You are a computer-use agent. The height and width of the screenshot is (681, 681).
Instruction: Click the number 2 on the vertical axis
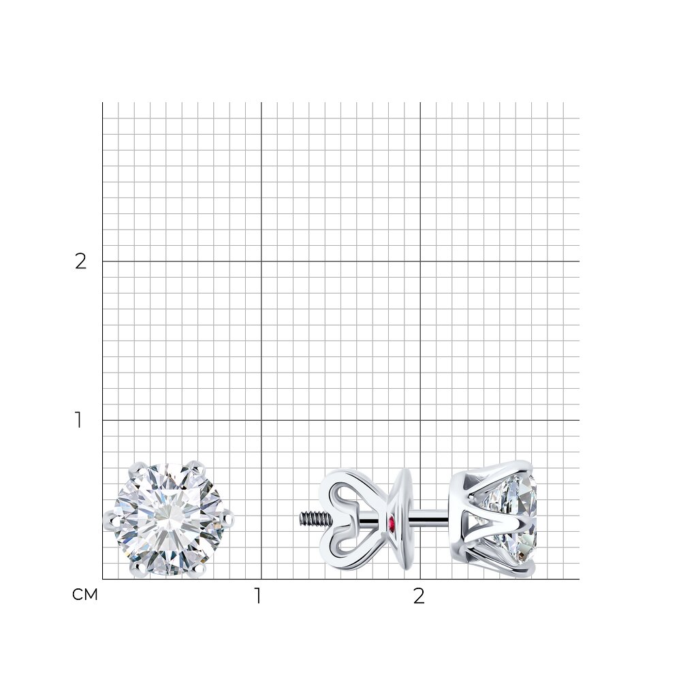click(81, 262)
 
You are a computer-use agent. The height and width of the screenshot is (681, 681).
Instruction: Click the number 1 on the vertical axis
click(78, 420)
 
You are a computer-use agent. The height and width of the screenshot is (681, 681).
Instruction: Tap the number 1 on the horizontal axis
click(258, 596)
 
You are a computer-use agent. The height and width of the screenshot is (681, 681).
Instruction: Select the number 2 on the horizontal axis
click(419, 596)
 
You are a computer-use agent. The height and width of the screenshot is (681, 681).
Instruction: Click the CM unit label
click(85, 595)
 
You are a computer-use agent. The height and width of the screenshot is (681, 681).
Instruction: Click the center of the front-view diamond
click(168, 520)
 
